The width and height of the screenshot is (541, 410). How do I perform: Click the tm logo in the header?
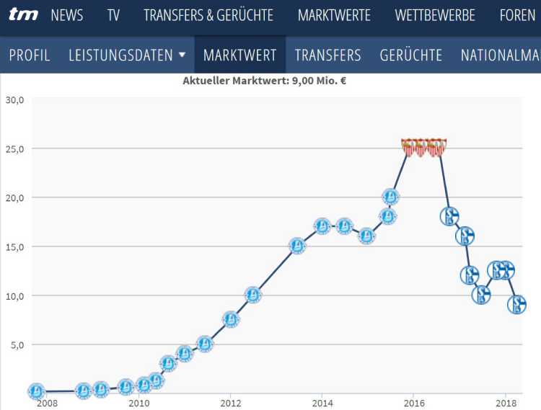click(x=24, y=14)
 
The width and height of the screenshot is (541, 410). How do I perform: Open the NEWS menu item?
click(x=67, y=15)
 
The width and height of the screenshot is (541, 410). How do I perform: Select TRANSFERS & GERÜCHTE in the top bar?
click(x=208, y=15)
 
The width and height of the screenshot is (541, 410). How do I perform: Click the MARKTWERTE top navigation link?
click(x=334, y=15)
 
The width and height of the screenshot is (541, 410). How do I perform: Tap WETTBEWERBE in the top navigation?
click(x=435, y=15)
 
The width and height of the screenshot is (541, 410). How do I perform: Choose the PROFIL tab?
click(x=30, y=55)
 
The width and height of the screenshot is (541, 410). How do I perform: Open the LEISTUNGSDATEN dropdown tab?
click(x=127, y=55)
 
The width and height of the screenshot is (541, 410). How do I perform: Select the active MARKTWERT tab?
click(x=240, y=55)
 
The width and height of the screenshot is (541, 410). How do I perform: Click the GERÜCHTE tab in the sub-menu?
click(x=411, y=55)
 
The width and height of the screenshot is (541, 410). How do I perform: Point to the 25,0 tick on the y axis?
click(x=14, y=148)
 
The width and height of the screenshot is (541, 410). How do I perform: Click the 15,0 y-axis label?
click(x=14, y=246)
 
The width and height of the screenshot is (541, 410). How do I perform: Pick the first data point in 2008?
click(x=36, y=391)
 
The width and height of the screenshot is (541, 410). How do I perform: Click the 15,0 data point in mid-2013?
click(x=297, y=246)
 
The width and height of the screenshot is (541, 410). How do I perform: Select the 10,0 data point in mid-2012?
click(x=252, y=295)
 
